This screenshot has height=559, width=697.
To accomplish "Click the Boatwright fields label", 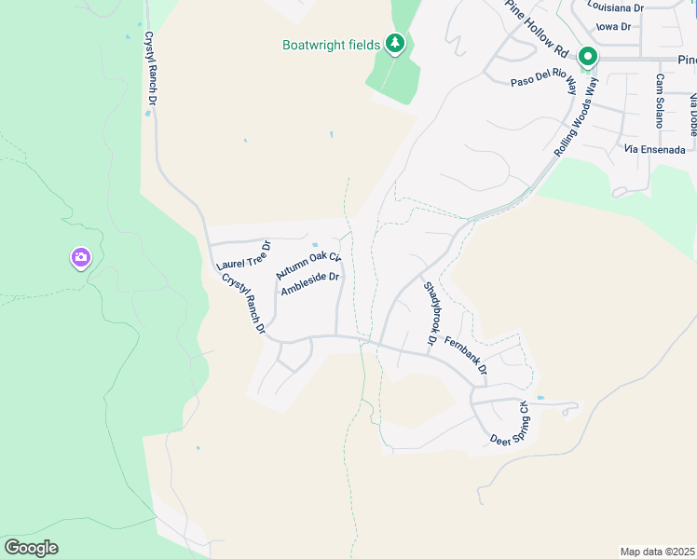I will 331,45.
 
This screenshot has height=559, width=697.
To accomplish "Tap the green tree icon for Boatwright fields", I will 395,43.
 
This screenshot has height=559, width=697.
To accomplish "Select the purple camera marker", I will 81,257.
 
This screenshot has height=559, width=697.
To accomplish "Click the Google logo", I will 31,548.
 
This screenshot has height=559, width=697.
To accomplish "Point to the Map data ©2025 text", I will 657,552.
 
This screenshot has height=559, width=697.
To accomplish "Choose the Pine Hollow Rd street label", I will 538,25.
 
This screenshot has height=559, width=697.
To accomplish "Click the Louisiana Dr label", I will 616,6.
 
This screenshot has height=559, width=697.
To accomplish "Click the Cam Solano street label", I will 660,102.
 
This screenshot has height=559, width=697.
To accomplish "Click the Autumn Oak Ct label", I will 308,266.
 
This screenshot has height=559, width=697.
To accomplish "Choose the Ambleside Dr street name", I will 310,283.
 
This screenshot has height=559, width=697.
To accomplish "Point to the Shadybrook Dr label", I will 430,314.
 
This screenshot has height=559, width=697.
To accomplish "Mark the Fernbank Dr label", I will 466,356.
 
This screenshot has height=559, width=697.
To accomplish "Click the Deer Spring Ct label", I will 510,424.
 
